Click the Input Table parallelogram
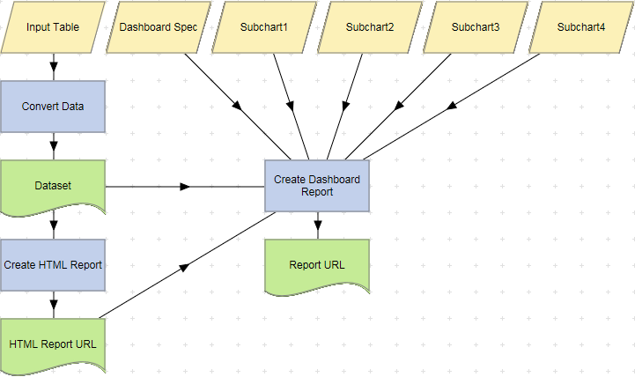[x=53, y=26]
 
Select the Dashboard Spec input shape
[x=159, y=26]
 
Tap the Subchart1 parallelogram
[x=264, y=26]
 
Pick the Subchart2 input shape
[x=370, y=26]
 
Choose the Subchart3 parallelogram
[x=476, y=26]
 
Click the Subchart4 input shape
[x=581, y=26]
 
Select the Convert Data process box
[x=53, y=107]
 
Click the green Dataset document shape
[x=53, y=186]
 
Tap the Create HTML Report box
[x=53, y=265]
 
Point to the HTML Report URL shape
[x=53, y=344]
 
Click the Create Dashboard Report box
[x=317, y=186]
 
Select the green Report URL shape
[x=317, y=265]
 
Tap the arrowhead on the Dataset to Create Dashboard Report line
[x=185, y=187]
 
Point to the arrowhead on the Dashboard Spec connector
[x=237, y=107]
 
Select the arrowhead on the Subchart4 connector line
[x=451, y=107]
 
